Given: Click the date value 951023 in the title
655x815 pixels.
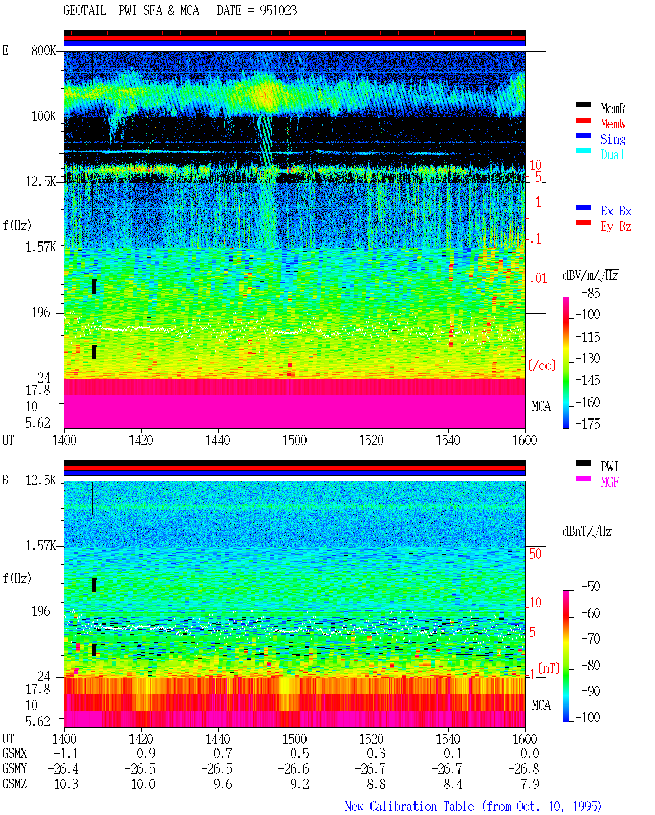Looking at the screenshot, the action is tap(278, 11).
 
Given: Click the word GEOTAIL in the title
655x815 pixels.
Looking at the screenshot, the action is tap(85, 11).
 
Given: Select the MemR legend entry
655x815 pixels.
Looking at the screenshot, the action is tap(613, 108).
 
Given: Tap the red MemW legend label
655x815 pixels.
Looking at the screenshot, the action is tap(613, 124).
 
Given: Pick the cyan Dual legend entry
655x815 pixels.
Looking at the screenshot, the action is tap(612, 155).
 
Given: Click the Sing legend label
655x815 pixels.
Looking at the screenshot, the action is tap(613, 139).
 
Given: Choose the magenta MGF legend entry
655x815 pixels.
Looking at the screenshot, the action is tap(609, 482).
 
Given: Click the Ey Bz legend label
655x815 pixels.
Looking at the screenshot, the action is tap(616, 227).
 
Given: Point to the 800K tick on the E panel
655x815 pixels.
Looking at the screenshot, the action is tap(43, 50).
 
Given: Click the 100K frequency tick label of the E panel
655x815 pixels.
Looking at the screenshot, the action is tap(43, 116).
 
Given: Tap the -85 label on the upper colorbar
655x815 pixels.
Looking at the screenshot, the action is tap(591, 293).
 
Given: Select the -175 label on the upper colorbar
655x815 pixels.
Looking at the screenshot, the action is tap(587, 424).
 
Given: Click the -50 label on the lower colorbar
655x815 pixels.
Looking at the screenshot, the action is tap(591, 587).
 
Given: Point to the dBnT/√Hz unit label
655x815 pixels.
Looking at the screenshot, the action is tap(587, 531).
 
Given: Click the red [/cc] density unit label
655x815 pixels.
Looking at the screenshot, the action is tap(542, 365).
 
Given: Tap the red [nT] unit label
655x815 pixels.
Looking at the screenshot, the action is tap(549, 668).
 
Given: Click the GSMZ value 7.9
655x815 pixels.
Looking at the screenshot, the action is tap(530, 784).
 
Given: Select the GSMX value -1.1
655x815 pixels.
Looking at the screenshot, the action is tap(66, 753).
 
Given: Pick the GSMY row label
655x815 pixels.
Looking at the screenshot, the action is tap(14, 768).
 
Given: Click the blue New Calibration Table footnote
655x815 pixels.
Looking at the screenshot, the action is tap(473, 806).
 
